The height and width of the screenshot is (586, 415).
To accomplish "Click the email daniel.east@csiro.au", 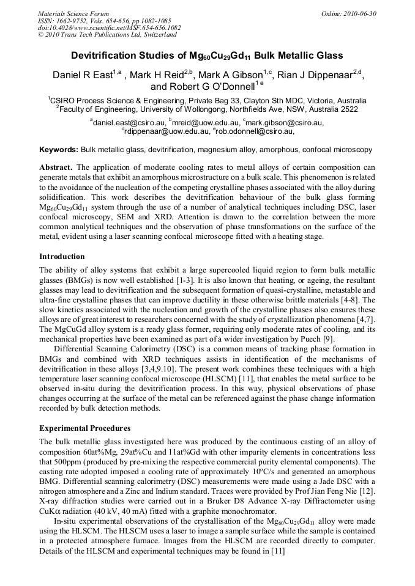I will pos(125,122).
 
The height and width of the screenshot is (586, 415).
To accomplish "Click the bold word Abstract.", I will pos(56,167).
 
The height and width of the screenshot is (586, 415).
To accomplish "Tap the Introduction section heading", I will pos(62,256).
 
